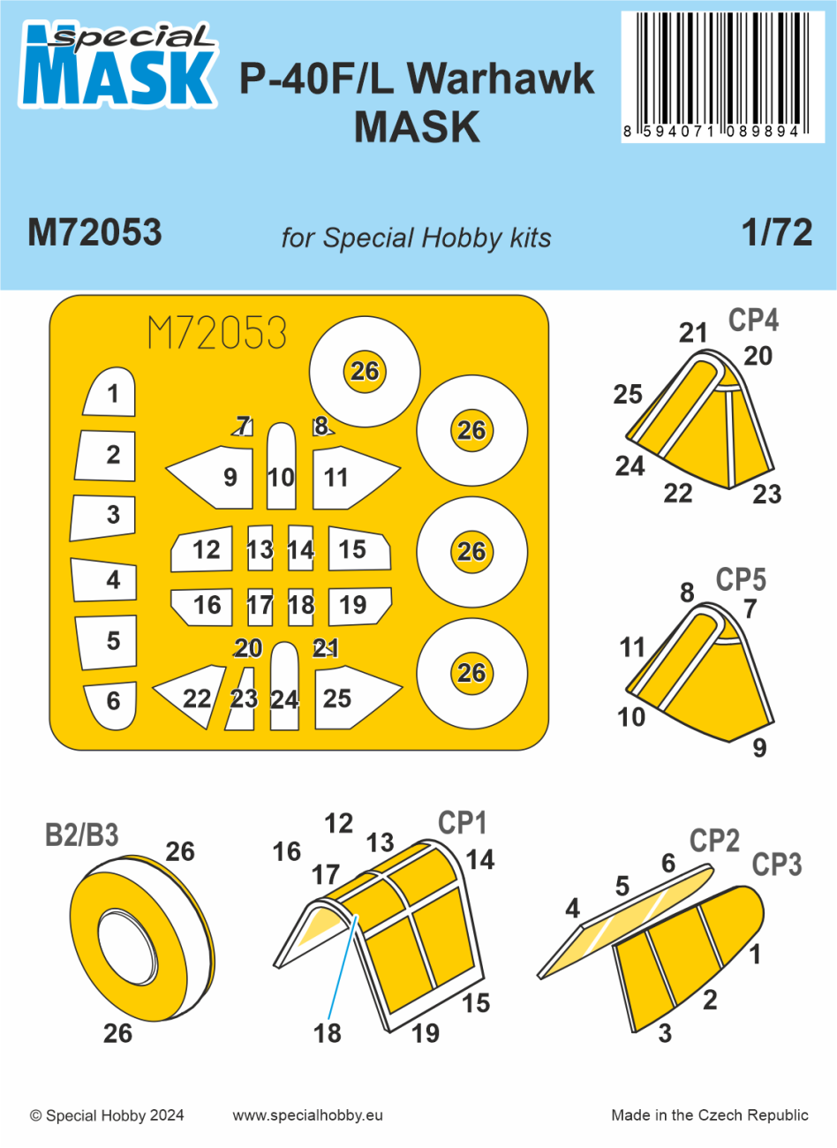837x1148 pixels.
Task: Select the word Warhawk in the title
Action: [501, 80]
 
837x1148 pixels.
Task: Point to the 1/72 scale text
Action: [777, 232]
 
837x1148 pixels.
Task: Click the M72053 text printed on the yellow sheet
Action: [217, 334]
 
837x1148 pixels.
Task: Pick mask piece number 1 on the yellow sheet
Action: [111, 394]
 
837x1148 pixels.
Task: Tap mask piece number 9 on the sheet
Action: [216, 478]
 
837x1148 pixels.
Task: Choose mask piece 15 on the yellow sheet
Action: [358, 549]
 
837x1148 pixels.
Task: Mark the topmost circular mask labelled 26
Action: [365, 371]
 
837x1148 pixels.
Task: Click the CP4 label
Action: [753, 321]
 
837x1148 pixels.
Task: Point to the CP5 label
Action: [741, 580]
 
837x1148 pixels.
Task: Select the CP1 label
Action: [463, 823]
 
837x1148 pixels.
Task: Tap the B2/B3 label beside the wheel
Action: [81, 835]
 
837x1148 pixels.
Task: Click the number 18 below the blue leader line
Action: [328, 1033]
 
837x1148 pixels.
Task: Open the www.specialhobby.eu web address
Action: [308, 1115]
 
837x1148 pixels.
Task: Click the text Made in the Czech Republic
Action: [710, 1115]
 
